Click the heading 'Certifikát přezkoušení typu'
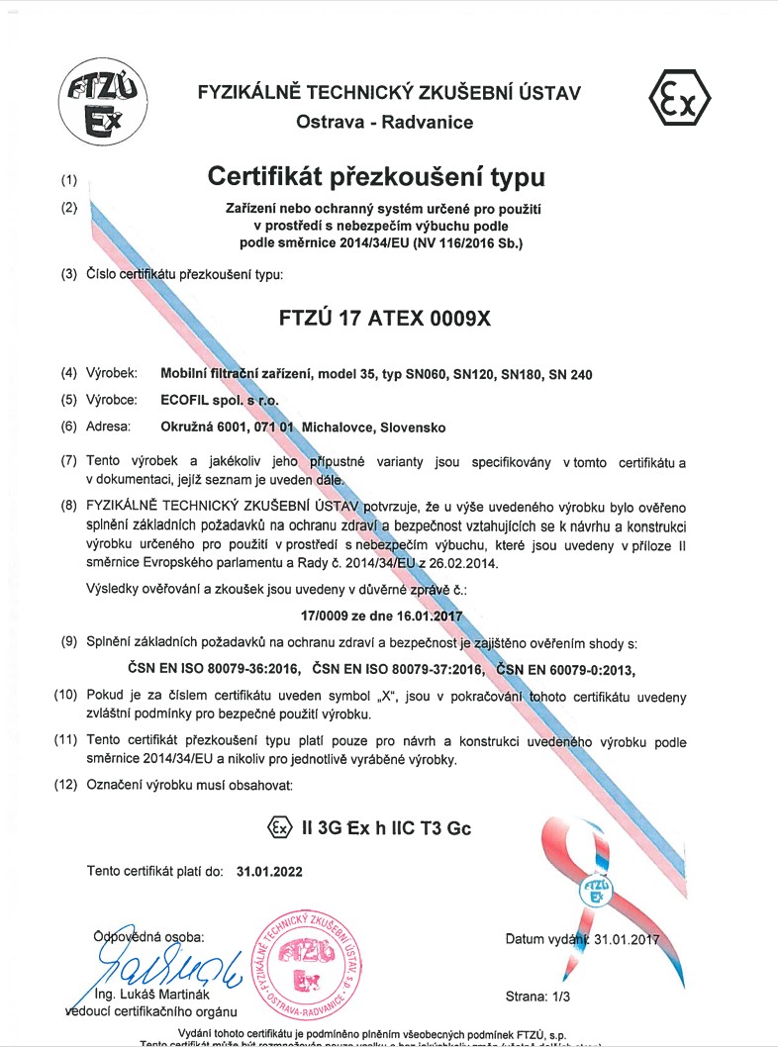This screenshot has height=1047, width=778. click(376, 177)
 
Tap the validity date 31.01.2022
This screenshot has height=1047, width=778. click(269, 872)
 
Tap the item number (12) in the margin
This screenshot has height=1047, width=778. click(68, 785)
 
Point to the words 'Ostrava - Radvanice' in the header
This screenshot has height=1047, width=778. click(384, 123)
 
